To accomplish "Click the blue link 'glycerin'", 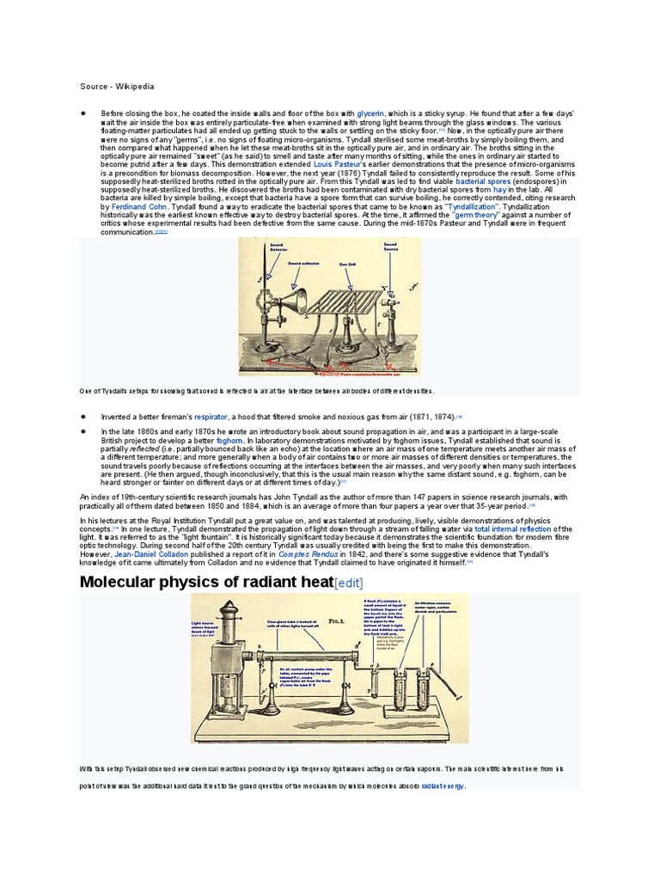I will coord(370,113).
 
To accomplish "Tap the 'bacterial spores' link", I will coord(483,181).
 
